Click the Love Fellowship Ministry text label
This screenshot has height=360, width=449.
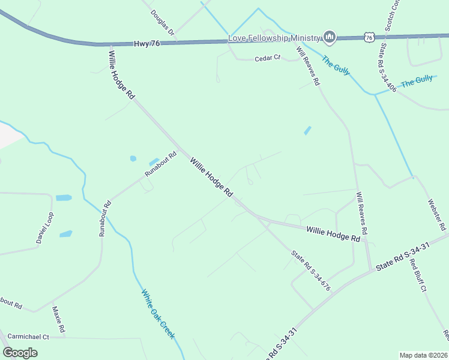coord(274,38)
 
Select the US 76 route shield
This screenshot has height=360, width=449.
coord(369,37)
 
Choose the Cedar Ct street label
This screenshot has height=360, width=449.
coord(268,58)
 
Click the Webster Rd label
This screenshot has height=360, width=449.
coord(436,215)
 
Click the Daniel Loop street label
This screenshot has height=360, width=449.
coord(45,227)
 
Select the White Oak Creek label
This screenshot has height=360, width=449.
coord(158,314)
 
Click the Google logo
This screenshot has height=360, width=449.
coord(20,352)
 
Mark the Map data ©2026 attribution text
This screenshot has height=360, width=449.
coord(423,355)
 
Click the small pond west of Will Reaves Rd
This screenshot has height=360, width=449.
coord(308,130)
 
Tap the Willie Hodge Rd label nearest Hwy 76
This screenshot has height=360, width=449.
coord(122,74)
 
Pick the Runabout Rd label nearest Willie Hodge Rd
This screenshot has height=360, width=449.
coord(161,163)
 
